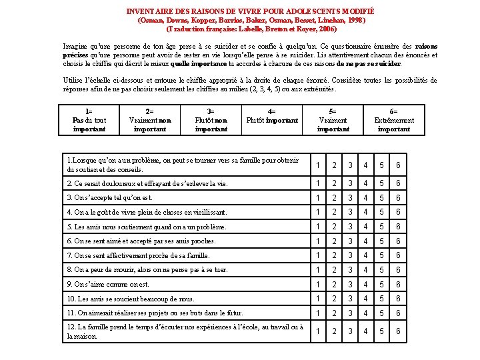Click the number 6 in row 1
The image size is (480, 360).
(x=398, y=165)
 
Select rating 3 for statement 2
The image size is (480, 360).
(x=350, y=184)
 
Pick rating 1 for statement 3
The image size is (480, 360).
(x=318, y=198)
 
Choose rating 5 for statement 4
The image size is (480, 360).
(x=382, y=212)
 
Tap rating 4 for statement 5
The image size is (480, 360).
(x=366, y=227)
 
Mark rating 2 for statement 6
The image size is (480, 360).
(x=334, y=241)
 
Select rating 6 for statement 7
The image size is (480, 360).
(x=398, y=255)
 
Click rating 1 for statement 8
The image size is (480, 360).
(x=318, y=270)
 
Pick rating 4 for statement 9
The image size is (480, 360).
(x=366, y=284)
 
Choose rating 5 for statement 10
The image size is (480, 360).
(x=382, y=299)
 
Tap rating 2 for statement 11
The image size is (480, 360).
(x=334, y=313)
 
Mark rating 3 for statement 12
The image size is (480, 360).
(x=350, y=331)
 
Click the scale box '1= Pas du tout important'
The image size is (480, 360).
(x=89, y=120)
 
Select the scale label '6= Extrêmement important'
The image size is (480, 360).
(x=394, y=120)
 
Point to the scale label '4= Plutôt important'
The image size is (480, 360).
(x=272, y=116)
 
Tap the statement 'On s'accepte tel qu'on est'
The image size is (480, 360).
(x=110, y=198)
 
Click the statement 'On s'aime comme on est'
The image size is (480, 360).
(x=107, y=284)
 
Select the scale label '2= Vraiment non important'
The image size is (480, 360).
(x=150, y=120)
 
